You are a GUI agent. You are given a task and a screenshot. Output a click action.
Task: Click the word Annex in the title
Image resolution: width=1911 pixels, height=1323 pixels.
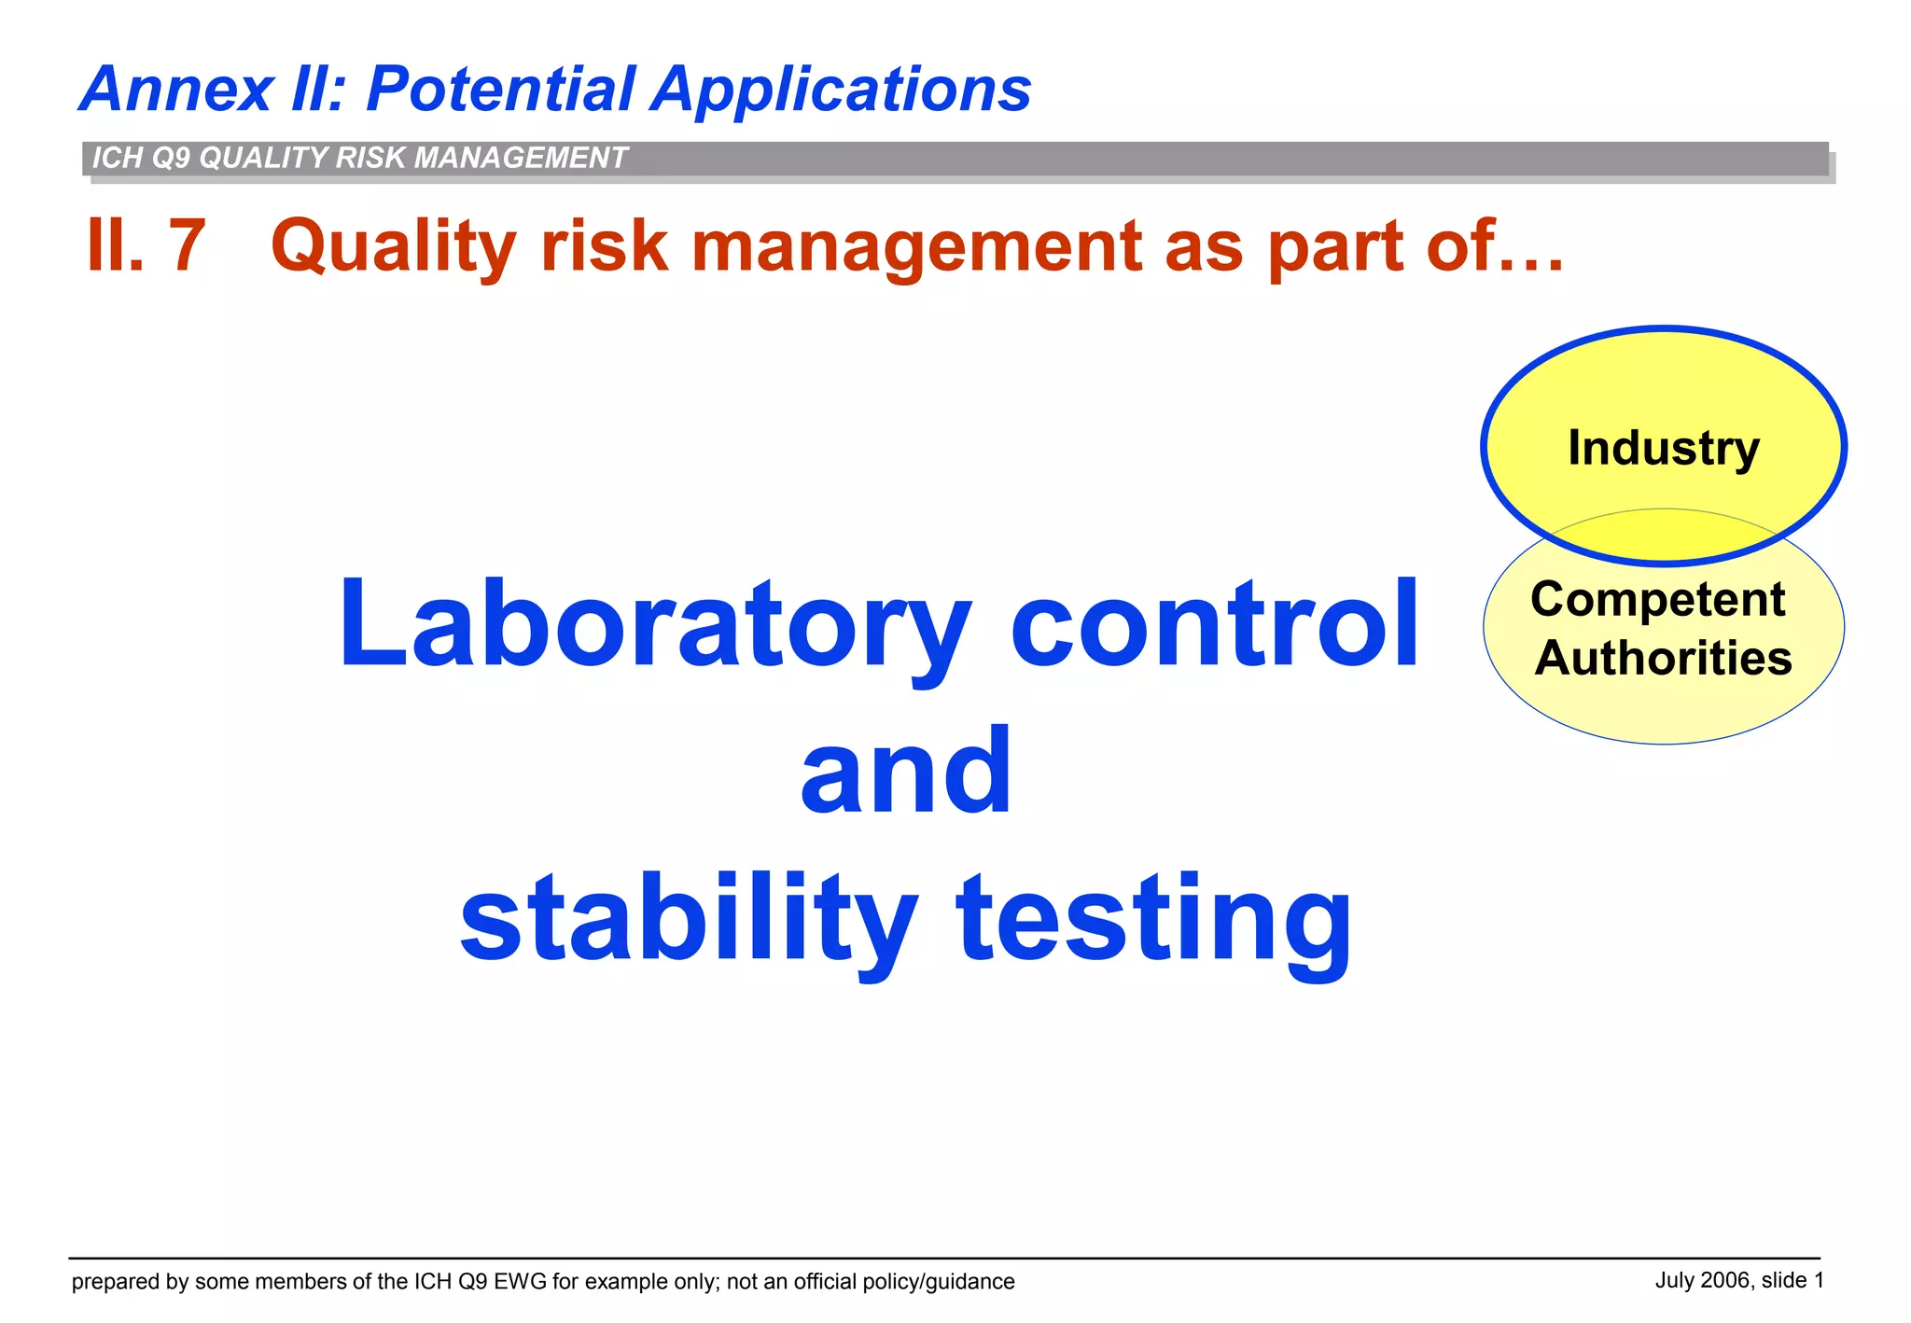176,91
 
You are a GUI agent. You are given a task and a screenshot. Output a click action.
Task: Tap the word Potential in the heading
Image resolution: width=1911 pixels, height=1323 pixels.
501,91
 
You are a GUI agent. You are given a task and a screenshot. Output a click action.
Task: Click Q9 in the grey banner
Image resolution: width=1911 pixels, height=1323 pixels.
171,158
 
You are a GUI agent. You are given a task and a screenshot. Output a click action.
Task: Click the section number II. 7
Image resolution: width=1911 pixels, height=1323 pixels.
146,246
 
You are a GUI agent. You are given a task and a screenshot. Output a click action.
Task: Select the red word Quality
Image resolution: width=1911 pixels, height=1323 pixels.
393,246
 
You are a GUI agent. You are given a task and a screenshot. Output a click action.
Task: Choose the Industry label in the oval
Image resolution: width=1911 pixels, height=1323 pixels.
1663,448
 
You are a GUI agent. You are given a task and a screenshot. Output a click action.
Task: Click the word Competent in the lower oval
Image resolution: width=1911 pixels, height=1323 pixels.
1657,599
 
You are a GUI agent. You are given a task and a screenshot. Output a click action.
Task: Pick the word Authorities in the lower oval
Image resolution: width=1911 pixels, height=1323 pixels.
1663,659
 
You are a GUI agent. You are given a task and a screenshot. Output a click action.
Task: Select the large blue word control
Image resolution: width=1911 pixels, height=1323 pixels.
1215,624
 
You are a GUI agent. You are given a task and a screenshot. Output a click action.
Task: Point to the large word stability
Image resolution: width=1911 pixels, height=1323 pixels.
689,918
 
